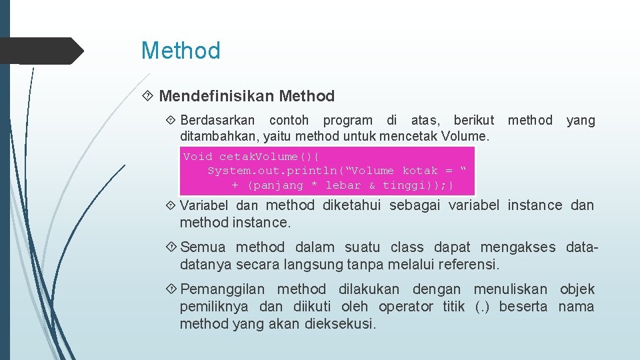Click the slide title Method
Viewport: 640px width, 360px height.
(180, 51)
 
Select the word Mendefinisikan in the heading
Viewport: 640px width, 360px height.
(216, 96)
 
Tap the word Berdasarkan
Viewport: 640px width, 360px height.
(217, 121)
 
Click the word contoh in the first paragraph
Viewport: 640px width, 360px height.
(289, 121)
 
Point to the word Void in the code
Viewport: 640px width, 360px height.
(197, 157)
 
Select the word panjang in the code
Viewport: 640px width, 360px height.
(278, 185)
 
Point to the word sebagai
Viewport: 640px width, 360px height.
(416, 205)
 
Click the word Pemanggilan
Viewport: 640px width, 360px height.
(222, 289)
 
